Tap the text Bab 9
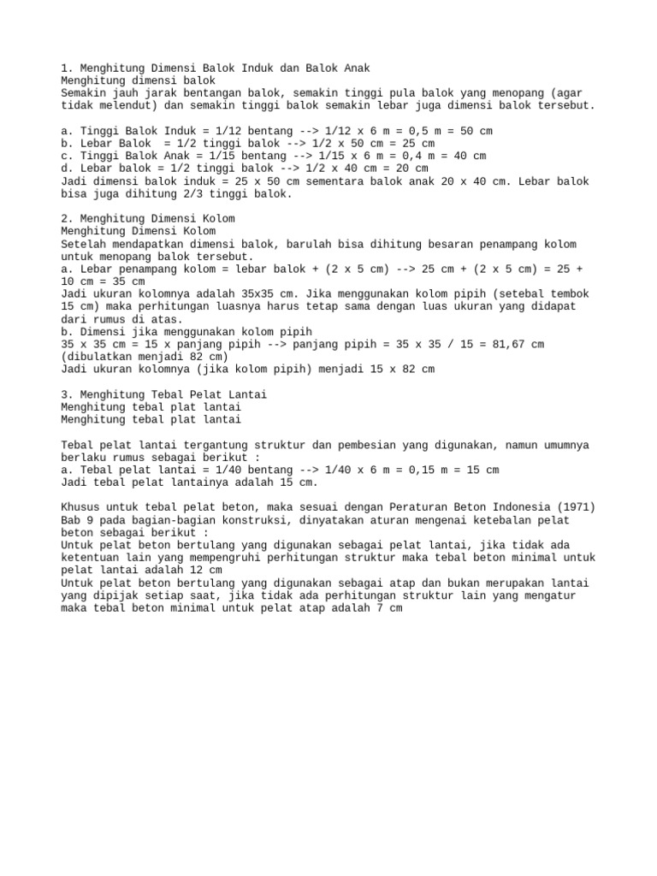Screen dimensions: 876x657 [79, 520]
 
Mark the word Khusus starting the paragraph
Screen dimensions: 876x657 [82, 507]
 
